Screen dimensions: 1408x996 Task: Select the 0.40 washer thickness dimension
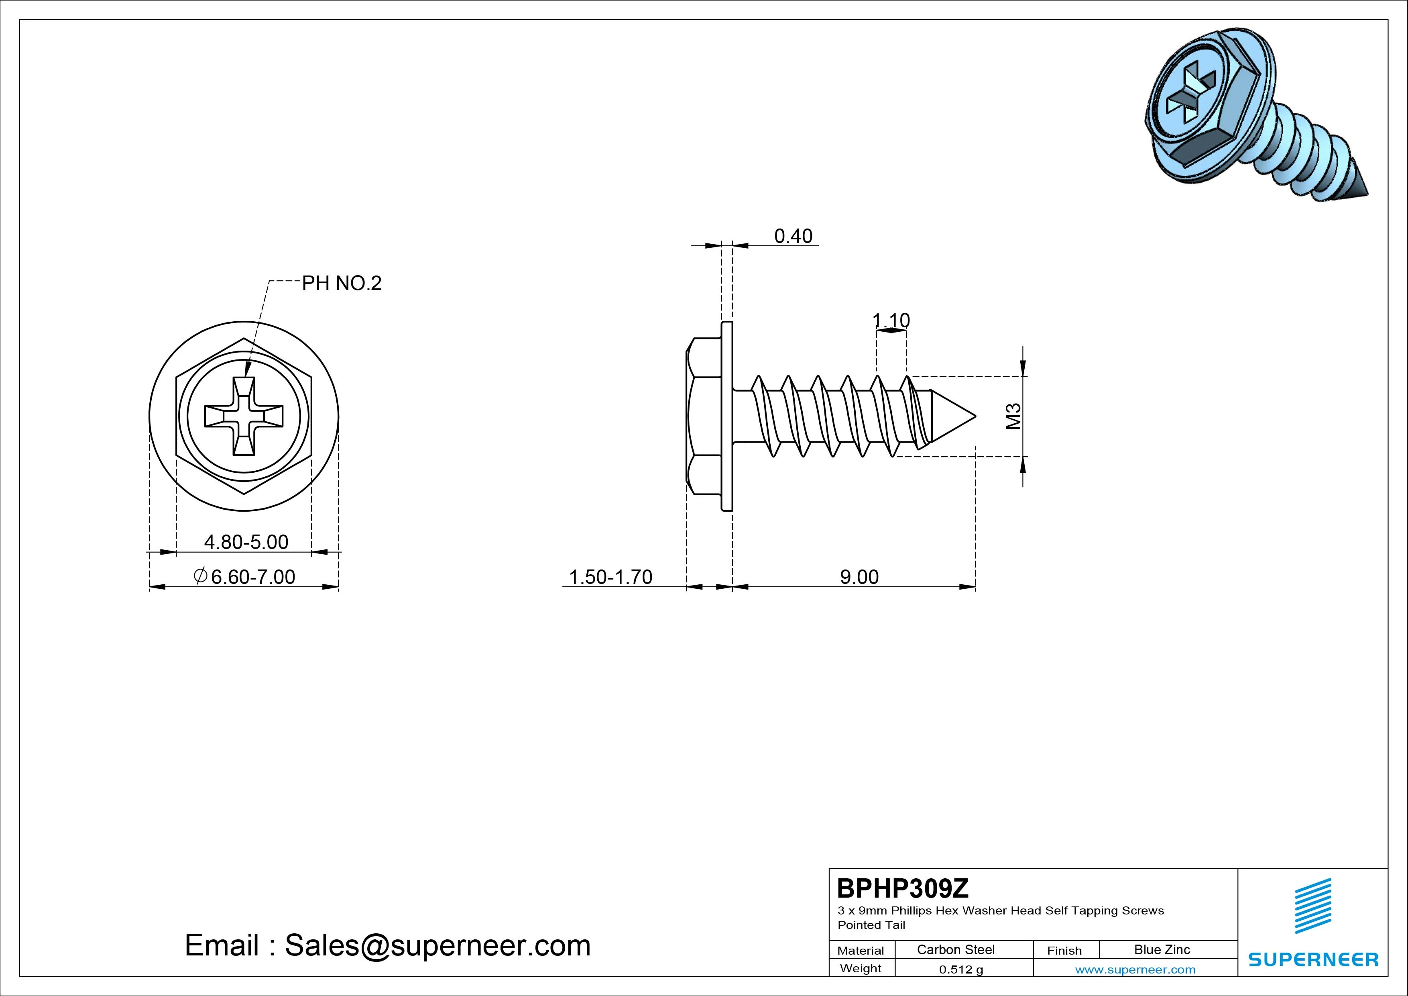coord(793,236)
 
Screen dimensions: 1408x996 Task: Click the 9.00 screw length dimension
coord(859,577)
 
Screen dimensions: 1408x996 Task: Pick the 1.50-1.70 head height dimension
coord(611,577)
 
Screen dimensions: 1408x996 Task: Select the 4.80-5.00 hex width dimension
coord(246,542)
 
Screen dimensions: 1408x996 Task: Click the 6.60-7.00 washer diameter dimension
coord(244,577)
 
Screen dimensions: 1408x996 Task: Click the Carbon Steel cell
coord(955,949)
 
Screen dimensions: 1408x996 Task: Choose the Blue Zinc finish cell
coord(1162,949)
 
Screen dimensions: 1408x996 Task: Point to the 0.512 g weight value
coord(961,969)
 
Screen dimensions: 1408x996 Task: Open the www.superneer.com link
coord(1135,969)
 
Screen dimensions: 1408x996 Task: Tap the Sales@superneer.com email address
coord(437,945)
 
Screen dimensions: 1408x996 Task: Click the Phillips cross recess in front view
coord(244,416)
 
